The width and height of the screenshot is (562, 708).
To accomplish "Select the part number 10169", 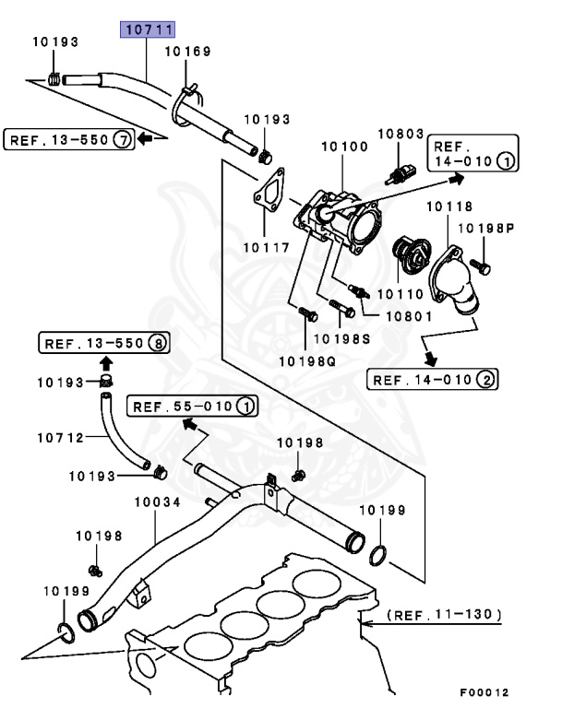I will [x=188, y=53].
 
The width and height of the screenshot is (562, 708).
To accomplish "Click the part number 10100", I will [x=344, y=146].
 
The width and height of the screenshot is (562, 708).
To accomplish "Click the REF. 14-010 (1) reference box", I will [x=472, y=154].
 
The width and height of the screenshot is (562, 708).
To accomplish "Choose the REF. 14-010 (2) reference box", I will [x=432, y=379].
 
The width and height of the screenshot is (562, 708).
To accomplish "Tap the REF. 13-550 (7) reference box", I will [x=69, y=140].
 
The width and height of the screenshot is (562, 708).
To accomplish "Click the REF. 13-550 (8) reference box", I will [x=104, y=344].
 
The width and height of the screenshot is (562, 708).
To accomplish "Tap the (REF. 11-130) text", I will [x=443, y=613].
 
